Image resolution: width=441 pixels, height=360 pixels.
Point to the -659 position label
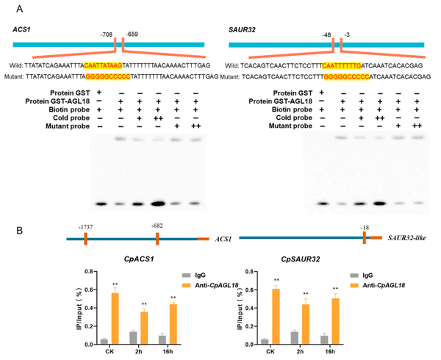(132, 34)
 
